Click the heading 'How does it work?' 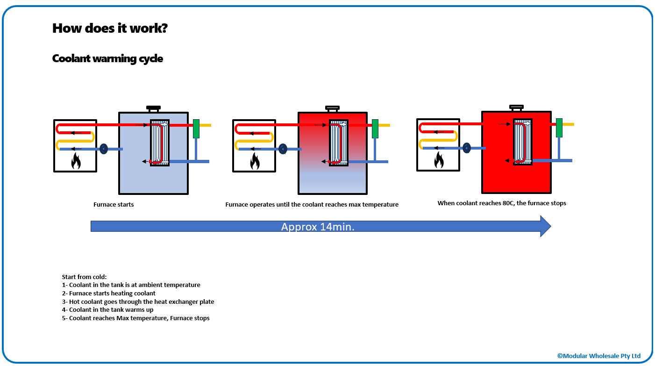point(110,28)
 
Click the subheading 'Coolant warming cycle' point(107,59)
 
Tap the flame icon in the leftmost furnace point(76,161)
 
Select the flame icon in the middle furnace point(255,161)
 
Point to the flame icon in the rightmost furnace point(439,160)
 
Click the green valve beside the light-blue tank point(196,128)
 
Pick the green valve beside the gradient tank point(375,129)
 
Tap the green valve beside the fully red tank point(559,128)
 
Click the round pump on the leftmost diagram point(104,149)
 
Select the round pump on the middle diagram point(283,149)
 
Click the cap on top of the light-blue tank point(153,108)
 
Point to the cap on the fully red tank point(516,108)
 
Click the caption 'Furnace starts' point(114,204)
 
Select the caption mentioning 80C point(502,203)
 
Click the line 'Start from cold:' point(84,277)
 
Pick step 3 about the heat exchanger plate point(138,301)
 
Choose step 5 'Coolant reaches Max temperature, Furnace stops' point(135,318)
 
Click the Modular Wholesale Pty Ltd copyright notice point(598,356)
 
